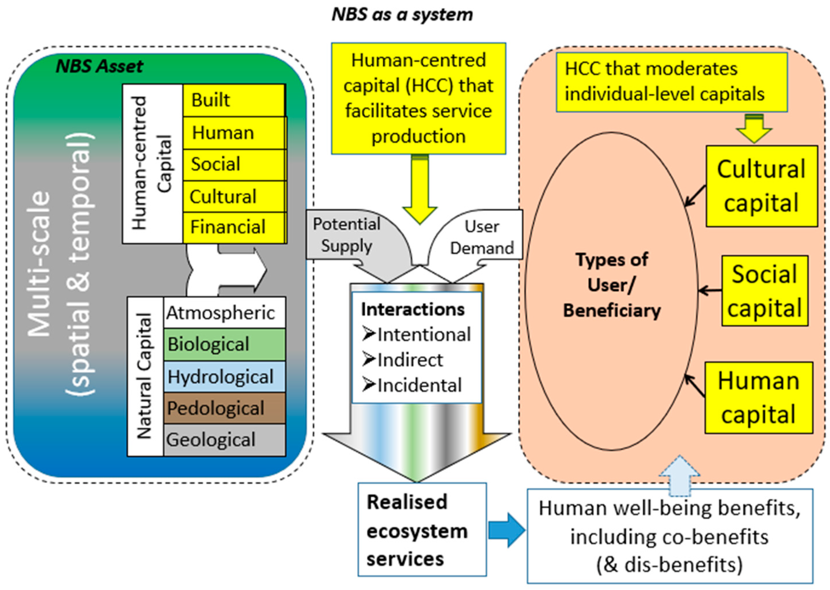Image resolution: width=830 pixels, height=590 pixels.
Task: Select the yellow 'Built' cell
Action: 234,100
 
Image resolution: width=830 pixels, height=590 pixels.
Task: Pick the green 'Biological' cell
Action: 224,345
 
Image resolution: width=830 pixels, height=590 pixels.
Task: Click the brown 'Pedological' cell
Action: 224,408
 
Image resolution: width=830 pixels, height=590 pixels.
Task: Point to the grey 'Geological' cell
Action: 224,440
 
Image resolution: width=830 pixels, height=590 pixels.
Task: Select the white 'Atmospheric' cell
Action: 224,313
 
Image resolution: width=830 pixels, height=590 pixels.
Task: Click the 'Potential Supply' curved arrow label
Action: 346,235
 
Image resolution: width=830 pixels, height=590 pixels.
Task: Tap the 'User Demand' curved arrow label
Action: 482,237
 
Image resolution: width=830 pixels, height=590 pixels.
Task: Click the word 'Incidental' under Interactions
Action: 419,385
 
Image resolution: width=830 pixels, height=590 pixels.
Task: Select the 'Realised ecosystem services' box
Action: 422,530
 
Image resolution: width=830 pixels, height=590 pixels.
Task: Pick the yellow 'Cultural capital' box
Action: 761,186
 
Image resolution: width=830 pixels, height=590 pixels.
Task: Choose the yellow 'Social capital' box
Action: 764,291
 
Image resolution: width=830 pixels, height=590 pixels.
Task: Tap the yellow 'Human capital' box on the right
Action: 759,398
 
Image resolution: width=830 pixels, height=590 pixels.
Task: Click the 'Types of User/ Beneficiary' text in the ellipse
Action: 612,285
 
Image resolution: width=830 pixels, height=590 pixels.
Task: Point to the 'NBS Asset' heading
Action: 99,67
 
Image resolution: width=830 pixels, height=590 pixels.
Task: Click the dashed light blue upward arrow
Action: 679,476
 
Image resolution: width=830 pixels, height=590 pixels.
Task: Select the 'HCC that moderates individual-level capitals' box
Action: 671,82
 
